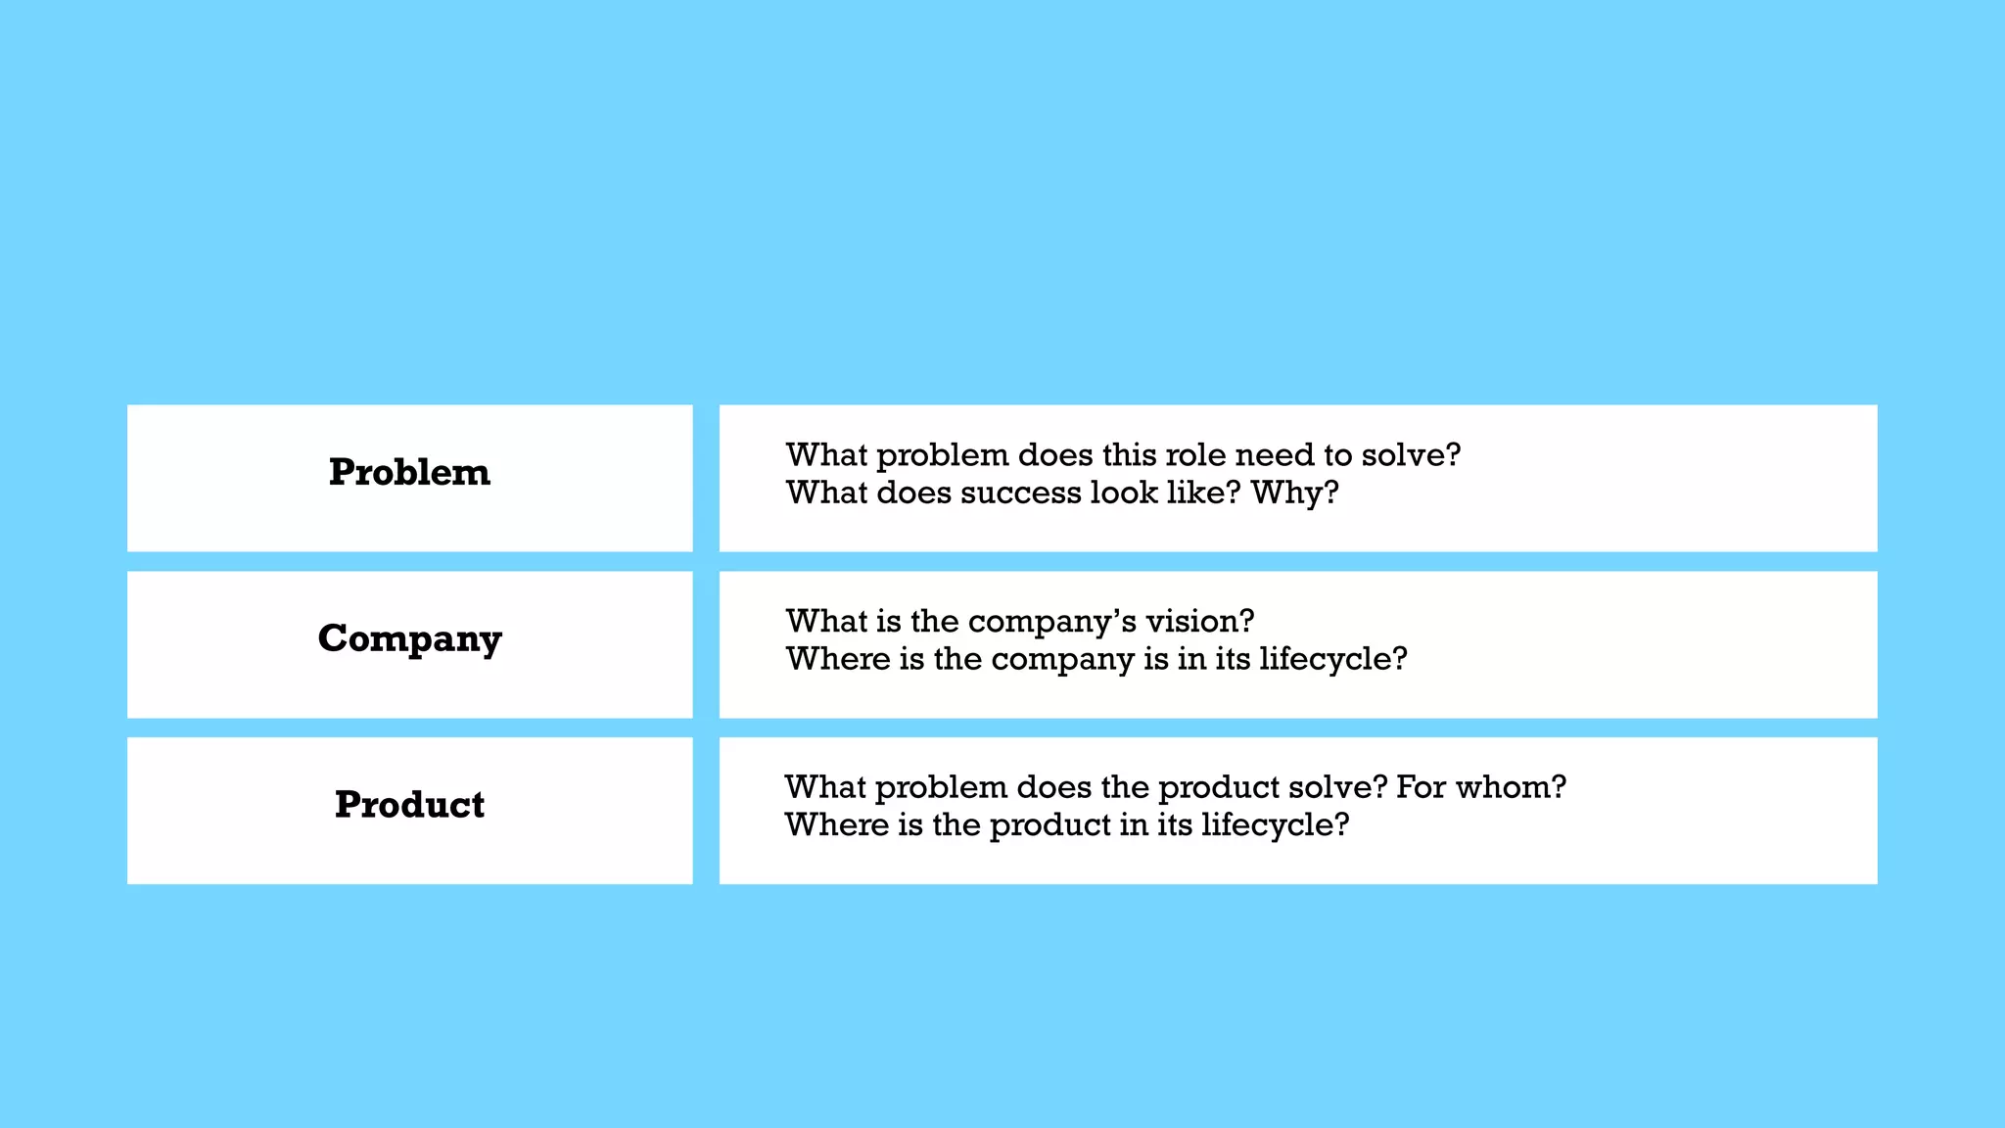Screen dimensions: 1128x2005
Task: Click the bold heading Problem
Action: point(409,472)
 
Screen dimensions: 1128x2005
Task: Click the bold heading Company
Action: point(409,638)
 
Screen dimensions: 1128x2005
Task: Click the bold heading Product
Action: point(409,805)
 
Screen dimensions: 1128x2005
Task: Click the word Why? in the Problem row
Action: point(1294,493)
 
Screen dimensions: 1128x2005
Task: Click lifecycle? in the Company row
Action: point(1332,659)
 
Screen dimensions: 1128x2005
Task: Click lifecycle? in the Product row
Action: point(1275,825)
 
